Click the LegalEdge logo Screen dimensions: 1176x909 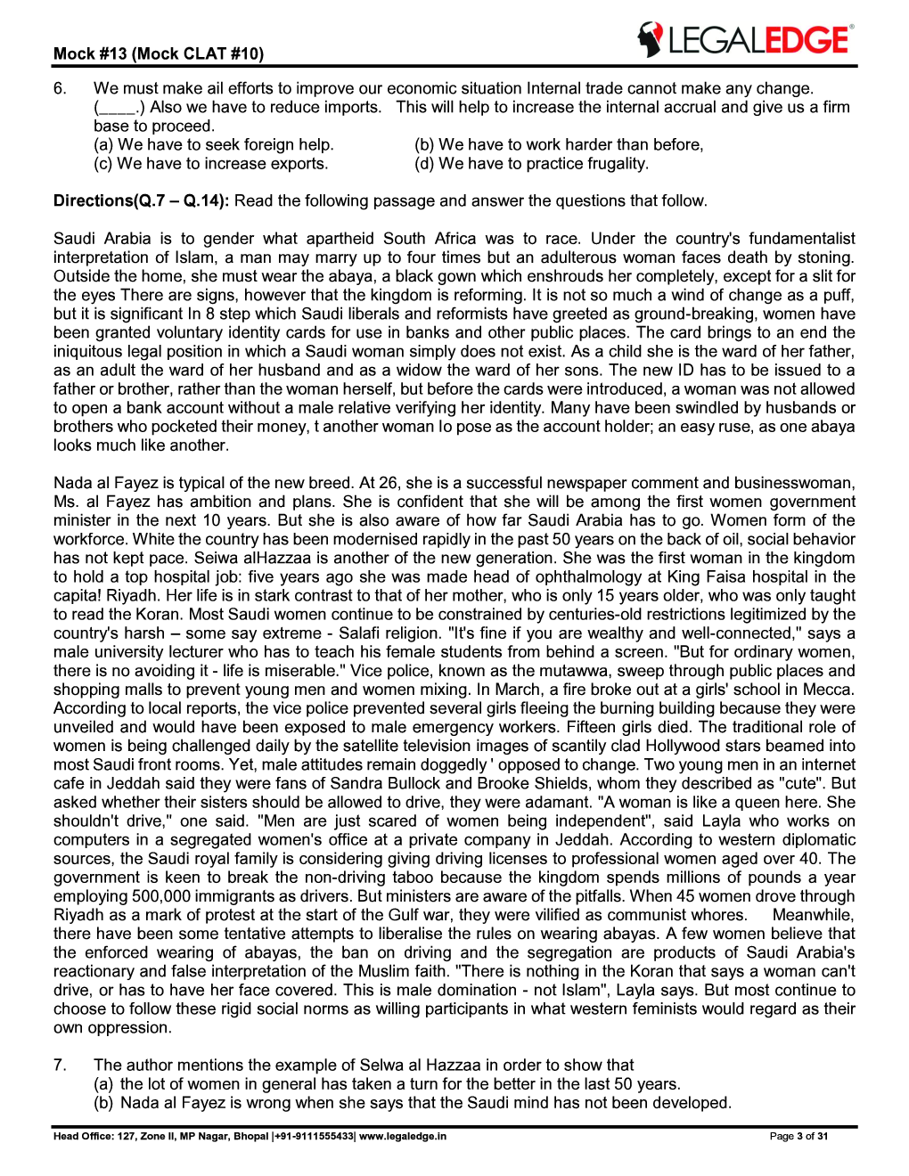point(744,40)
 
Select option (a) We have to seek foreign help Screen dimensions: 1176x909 point(214,144)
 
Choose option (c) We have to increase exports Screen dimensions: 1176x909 point(211,164)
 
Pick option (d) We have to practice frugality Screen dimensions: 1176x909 point(531,164)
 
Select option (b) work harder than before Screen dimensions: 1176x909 point(559,144)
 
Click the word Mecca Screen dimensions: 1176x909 point(829,690)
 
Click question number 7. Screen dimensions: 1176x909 point(60,1066)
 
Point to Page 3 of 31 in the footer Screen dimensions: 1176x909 point(798,1136)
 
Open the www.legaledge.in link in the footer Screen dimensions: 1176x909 point(403,1136)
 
